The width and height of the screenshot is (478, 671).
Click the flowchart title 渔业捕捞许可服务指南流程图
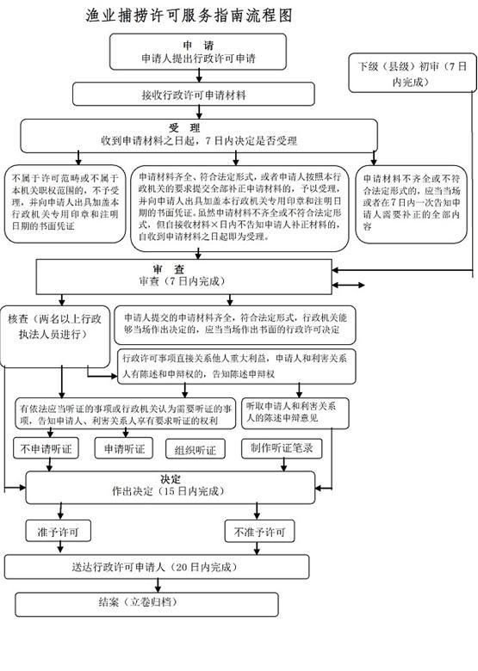pyautogui.click(x=189, y=15)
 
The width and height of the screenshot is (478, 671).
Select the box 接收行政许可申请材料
pyautogui.click(x=194, y=94)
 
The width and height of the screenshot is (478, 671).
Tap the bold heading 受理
pyautogui.click(x=184, y=127)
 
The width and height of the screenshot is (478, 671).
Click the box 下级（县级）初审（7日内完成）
pyautogui.click(x=413, y=73)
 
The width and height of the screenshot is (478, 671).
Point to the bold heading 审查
pyautogui.click(x=168, y=269)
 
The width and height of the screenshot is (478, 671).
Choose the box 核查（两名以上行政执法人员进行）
pyautogui.click(x=55, y=336)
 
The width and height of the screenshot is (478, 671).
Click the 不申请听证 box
pyautogui.click(x=46, y=448)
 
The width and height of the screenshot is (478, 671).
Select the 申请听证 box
pyautogui.click(x=124, y=448)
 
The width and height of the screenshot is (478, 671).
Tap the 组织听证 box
pyautogui.click(x=196, y=450)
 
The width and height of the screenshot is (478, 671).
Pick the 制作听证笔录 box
pyautogui.click(x=282, y=448)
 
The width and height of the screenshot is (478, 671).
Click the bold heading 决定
pyautogui.click(x=171, y=479)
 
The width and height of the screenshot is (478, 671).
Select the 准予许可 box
pyautogui.click(x=59, y=532)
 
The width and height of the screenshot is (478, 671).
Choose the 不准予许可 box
pyautogui.click(x=259, y=532)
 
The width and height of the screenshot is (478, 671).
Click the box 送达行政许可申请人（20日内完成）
pyautogui.click(x=157, y=567)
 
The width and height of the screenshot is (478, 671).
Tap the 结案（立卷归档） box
pyautogui.click(x=147, y=604)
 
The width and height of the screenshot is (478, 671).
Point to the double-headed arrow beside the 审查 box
pyautogui.click(x=348, y=285)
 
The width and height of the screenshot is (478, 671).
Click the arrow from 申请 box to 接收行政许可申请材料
pyautogui.click(x=199, y=77)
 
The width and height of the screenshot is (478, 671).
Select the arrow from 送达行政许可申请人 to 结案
pyautogui.click(x=158, y=586)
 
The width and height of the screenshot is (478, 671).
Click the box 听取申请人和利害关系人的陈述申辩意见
pyautogui.click(x=295, y=414)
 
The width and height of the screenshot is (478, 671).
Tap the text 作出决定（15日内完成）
pyautogui.click(x=168, y=491)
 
